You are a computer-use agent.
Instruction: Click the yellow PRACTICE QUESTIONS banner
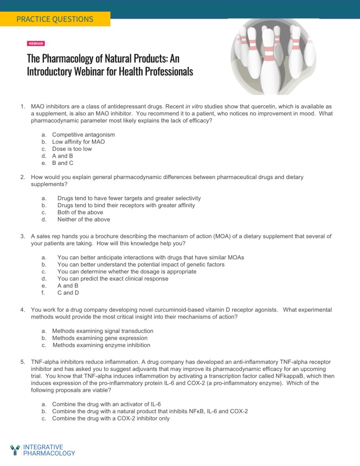(x=55, y=19)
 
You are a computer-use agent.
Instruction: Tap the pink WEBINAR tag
(x=36, y=43)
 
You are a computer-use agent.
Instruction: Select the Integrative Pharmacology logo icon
(x=15, y=450)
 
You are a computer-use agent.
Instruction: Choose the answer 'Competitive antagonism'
(x=83, y=135)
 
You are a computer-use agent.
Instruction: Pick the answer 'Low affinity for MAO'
(x=78, y=142)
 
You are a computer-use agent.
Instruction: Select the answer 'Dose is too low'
(x=72, y=149)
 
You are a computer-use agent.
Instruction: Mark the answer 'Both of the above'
(x=80, y=212)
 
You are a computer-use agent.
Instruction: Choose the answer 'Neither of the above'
(x=83, y=219)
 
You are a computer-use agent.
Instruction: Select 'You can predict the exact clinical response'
(x=113, y=279)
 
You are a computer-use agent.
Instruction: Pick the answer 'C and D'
(x=68, y=293)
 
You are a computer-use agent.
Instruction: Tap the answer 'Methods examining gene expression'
(x=100, y=338)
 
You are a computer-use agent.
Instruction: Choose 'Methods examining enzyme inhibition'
(x=101, y=345)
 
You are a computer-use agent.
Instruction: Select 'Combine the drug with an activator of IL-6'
(x=106, y=405)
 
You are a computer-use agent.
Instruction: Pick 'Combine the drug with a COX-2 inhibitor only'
(x=111, y=418)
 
